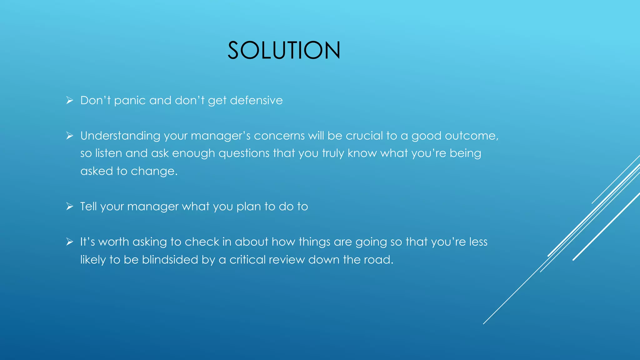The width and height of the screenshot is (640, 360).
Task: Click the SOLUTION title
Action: [284, 50]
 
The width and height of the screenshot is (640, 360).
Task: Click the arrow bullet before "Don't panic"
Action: [69, 100]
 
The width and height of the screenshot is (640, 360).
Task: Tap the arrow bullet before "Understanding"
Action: [69, 136]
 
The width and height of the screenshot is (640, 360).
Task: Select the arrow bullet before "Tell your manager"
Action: [69, 206]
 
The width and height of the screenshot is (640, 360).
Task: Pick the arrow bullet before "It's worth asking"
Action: [69, 242]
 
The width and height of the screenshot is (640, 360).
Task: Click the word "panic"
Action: [130, 101]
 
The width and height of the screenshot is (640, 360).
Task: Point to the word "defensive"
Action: [256, 100]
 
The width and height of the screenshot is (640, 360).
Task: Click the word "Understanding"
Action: [120, 136]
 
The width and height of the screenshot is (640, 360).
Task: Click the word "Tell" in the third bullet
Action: [88, 206]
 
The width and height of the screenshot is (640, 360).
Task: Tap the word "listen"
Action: [108, 153]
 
